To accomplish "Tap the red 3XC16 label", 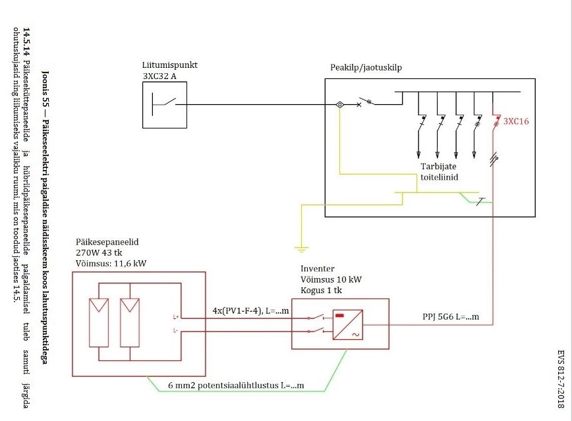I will pos(517,121).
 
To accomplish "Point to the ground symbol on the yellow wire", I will pos(301,250).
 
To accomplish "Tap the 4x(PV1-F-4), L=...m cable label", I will pos(251,310).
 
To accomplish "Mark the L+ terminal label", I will pos(176,317).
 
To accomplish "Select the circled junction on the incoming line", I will pos(339,104).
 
